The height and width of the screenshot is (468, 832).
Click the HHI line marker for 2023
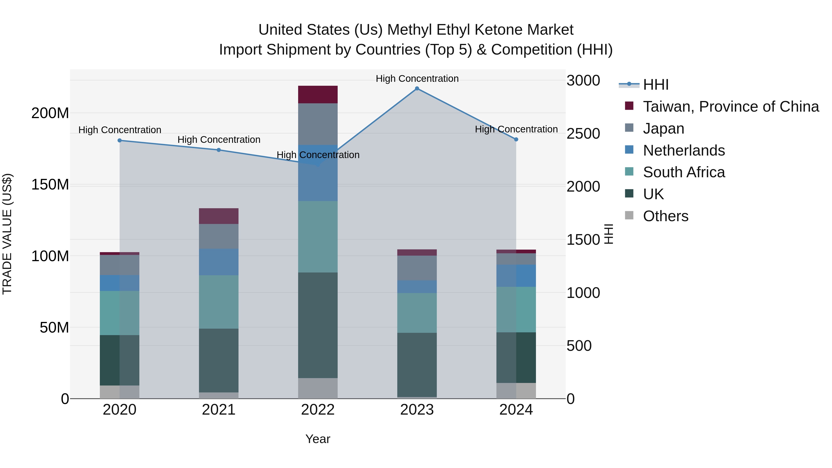point(417,89)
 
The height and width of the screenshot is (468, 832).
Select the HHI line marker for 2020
point(119,141)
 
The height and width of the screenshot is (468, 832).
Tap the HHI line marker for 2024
point(516,140)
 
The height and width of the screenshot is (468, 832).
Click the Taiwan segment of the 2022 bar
point(318,95)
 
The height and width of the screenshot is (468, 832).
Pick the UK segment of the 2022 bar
point(318,325)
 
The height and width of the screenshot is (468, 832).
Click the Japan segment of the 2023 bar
point(417,268)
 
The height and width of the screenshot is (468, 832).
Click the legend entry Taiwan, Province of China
point(731,107)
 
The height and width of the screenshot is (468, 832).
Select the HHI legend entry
point(655,85)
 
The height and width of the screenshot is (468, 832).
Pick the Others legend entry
point(665,216)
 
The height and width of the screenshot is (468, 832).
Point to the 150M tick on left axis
point(50,185)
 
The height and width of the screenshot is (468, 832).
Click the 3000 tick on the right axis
point(583,80)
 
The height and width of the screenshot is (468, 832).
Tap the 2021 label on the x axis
point(219,410)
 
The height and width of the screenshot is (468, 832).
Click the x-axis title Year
point(318,439)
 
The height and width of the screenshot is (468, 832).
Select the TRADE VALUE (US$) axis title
point(7,234)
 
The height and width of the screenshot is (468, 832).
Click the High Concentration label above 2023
point(417,79)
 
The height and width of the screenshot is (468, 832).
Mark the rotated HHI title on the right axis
point(608,234)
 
